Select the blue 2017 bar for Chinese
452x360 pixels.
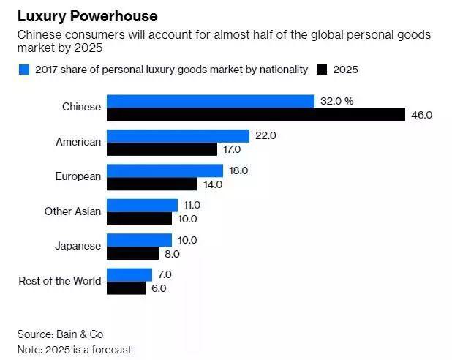210,101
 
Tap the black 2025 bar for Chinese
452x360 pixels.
255,115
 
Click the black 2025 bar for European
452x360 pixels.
152,184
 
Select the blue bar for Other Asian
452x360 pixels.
142,206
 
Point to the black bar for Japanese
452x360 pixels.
132,254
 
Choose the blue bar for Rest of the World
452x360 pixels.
129,274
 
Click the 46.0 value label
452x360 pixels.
423,115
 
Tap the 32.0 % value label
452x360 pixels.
336,101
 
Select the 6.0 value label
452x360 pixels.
159,288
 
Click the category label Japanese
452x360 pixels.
78,246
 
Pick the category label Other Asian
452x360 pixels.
72,211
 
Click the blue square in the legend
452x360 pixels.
23,70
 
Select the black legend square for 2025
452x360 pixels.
322,70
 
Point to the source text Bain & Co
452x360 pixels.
83,334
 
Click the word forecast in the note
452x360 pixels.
111,350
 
